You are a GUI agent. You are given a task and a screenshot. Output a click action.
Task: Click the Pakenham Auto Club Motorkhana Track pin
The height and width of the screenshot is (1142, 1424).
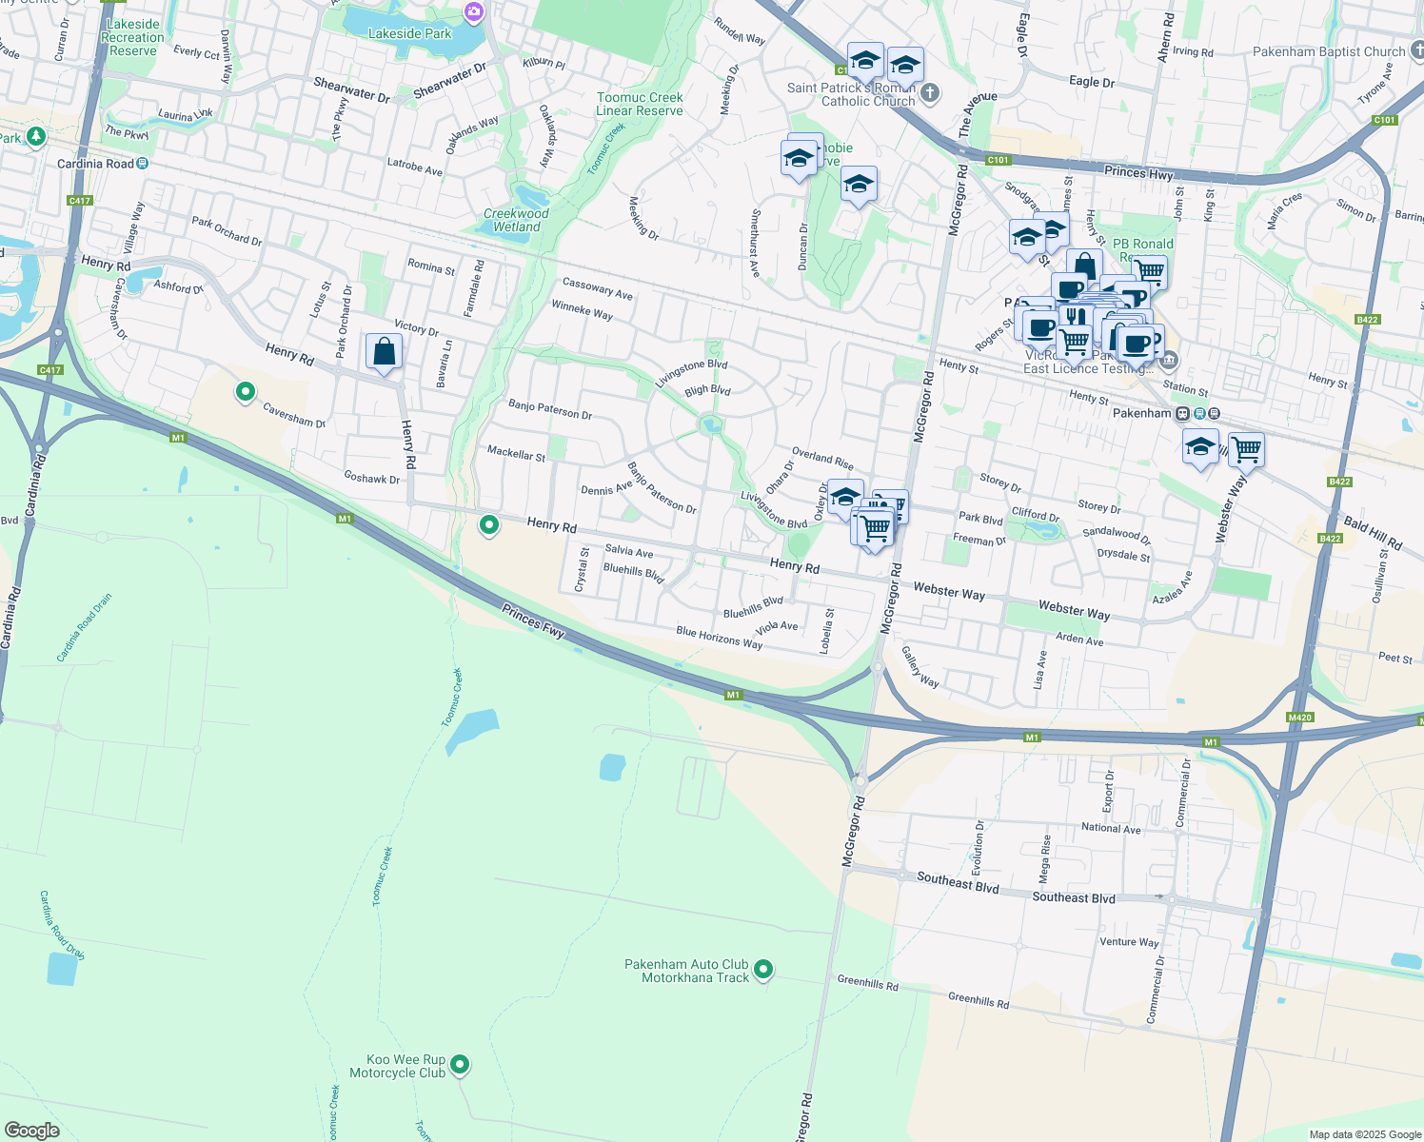click(x=763, y=970)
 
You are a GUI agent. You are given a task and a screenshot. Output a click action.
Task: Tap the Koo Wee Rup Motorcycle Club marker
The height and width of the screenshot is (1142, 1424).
click(x=460, y=1064)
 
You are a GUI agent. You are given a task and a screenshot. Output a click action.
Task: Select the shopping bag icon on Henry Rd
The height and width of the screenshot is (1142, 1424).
click(x=384, y=352)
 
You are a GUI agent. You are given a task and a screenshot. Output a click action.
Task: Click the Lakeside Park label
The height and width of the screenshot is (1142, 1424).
click(x=409, y=33)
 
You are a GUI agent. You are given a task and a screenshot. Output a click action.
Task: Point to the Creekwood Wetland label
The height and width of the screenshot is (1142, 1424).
click(x=516, y=220)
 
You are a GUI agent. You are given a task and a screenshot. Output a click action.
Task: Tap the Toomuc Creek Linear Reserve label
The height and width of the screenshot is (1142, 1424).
click(x=640, y=104)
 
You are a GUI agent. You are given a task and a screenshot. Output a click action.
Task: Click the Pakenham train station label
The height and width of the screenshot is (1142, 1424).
click(x=1141, y=413)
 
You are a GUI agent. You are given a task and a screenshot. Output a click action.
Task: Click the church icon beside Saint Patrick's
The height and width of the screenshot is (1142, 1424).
click(x=930, y=93)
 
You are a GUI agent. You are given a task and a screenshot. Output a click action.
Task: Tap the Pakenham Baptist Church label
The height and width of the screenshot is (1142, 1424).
click(x=1328, y=51)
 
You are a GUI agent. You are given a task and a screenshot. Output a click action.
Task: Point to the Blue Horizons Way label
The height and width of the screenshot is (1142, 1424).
click(x=719, y=638)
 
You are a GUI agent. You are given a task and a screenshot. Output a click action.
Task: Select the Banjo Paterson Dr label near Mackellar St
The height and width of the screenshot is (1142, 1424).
click(x=550, y=410)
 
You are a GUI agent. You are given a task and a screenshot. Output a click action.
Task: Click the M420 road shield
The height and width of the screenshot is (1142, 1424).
click(x=1299, y=717)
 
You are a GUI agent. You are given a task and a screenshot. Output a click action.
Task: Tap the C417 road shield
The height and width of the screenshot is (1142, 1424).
click(x=80, y=200)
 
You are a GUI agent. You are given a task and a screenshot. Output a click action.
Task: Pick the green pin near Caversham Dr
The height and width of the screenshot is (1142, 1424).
click(x=246, y=391)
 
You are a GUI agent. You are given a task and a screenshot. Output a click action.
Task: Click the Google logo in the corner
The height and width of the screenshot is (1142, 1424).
click(x=31, y=1130)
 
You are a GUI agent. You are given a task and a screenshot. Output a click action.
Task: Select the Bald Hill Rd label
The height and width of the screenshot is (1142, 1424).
click(x=1373, y=533)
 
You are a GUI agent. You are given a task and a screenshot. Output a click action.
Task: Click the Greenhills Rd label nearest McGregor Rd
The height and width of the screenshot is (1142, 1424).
click(x=867, y=983)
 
